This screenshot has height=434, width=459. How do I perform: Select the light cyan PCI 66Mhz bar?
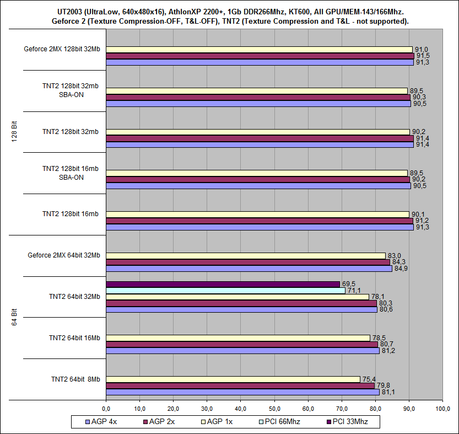(226, 290)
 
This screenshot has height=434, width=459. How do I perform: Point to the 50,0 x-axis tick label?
(274, 408)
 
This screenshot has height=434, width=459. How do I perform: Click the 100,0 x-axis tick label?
(442, 408)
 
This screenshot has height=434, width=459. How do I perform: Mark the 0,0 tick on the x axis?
(106, 408)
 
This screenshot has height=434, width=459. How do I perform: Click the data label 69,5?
(348, 283)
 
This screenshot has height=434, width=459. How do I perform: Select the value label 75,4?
(369, 379)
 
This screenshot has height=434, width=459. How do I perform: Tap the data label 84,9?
(401, 269)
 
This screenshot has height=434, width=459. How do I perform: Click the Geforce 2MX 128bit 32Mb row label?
(62, 49)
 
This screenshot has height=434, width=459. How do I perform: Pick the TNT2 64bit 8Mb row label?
(75, 379)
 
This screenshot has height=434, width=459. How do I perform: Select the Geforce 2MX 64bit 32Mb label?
(64, 255)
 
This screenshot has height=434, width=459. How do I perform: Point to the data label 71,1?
(354, 290)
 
